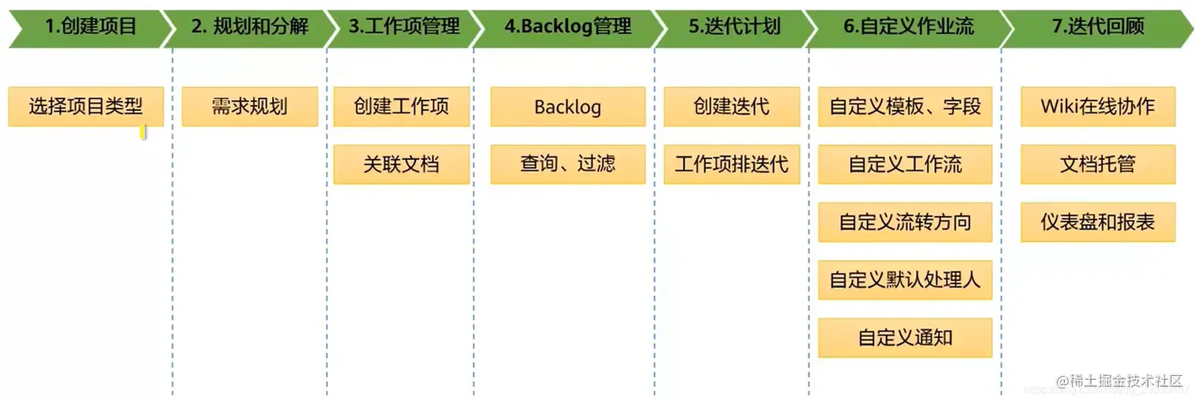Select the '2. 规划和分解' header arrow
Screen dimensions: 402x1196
pyautogui.click(x=249, y=26)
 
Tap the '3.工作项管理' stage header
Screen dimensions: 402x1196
pyautogui.click(x=403, y=26)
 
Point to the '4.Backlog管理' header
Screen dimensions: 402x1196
pyautogui.click(x=567, y=26)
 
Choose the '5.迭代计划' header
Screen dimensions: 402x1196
pyautogui.click(x=733, y=26)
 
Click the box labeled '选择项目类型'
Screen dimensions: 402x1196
pyautogui.click(x=85, y=106)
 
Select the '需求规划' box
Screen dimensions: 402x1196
pyautogui.click(x=249, y=106)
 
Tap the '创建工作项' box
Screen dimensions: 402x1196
pyautogui.click(x=401, y=106)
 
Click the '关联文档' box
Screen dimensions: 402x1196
pyautogui.click(x=401, y=164)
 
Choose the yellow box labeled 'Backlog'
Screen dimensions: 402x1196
pyautogui.click(x=567, y=106)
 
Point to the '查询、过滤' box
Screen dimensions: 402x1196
pyautogui.click(x=567, y=164)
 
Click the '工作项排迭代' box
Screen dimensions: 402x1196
pyautogui.click(x=731, y=164)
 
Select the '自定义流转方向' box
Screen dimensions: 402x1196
pyautogui.click(x=905, y=222)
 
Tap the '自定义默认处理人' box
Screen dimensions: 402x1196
pyautogui.click(x=905, y=279)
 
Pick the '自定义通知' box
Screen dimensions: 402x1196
pyautogui.click(x=905, y=337)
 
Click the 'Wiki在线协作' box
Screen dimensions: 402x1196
pyautogui.click(x=1097, y=106)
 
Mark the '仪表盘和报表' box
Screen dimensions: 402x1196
pyautogui.click(x=1097, y=222)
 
